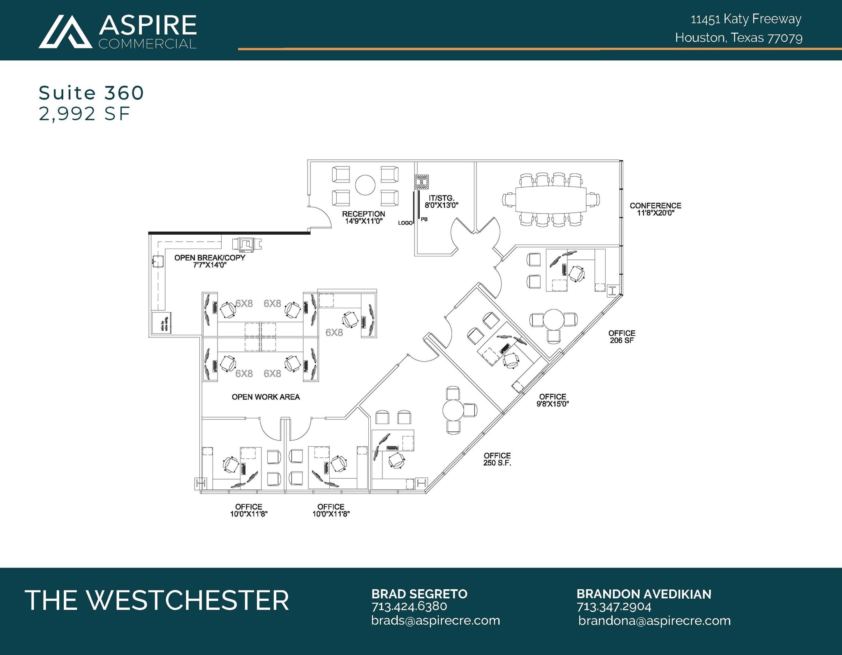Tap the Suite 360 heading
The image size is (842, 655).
click(x=91, y=93)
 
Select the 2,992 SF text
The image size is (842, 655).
click(x=85, y=114)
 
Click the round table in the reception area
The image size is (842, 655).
click(x=365, y=185)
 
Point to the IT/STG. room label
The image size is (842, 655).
click(x=442, y=202)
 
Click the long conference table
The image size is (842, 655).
click(x=551, y=199)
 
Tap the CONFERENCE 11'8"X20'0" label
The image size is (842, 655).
click(x=655, y=209)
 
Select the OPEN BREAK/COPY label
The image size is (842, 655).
click(x=210, y=261)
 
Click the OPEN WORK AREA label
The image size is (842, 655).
click(x=266, y=397)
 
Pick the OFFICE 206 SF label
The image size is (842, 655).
click(x=622, y=337)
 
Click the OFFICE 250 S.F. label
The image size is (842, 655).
click(x=497, y=459)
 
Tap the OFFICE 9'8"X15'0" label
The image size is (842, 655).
click(x=553, y=400)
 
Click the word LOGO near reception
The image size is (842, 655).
click(x=405, y=223)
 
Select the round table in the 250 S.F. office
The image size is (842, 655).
click(x=453, y=410)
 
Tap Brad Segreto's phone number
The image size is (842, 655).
click(x=409, y=607)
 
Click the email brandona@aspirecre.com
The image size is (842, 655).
click(x=654, y=620)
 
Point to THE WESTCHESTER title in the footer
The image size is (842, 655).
click(x=157, y=600)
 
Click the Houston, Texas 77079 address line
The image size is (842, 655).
click(x=738, y=38)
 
